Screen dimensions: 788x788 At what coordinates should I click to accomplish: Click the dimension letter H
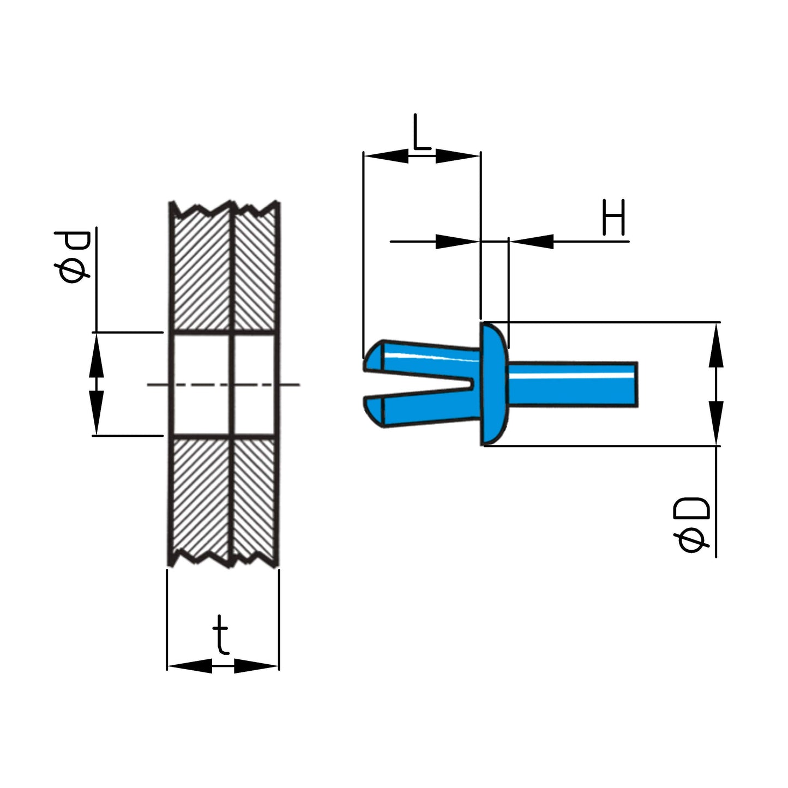click(613, 218)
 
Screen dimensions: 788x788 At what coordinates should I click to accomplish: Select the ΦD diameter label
click(692, 525)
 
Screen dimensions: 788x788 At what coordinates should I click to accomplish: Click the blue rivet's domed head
click(494, 384)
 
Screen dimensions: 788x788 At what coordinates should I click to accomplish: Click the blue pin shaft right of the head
click(573, 384)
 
